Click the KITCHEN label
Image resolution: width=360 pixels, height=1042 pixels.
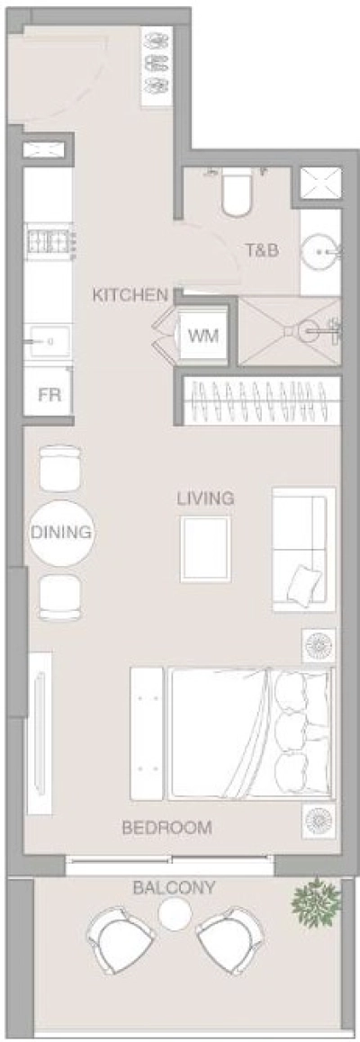pyautogui.click(x=130, y=294)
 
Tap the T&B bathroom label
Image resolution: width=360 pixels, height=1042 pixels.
pyautogui.click(x=262, y=251)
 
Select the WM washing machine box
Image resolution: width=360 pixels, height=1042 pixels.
pyautogui.click(x=202, y=336)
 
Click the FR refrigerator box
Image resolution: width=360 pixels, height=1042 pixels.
pyautogui.click(x=49, y=394)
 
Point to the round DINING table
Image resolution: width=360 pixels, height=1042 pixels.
pyautogui.click(x=61, y=532)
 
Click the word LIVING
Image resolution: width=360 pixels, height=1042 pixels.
pyautogui.click(x=205, y=498)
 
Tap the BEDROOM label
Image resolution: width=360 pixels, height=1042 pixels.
pyautogui.click(x=166, y=828)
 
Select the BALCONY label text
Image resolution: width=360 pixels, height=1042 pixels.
pyautogui.click(x=174, y=887)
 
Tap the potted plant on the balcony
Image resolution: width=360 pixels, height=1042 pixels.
pyautogui.click(x=315, y=896)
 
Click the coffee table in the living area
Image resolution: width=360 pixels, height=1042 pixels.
pyautogui.click(x=205, y=549)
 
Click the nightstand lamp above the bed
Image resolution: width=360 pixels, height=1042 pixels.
pyautogui.click(x=318, y=645)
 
